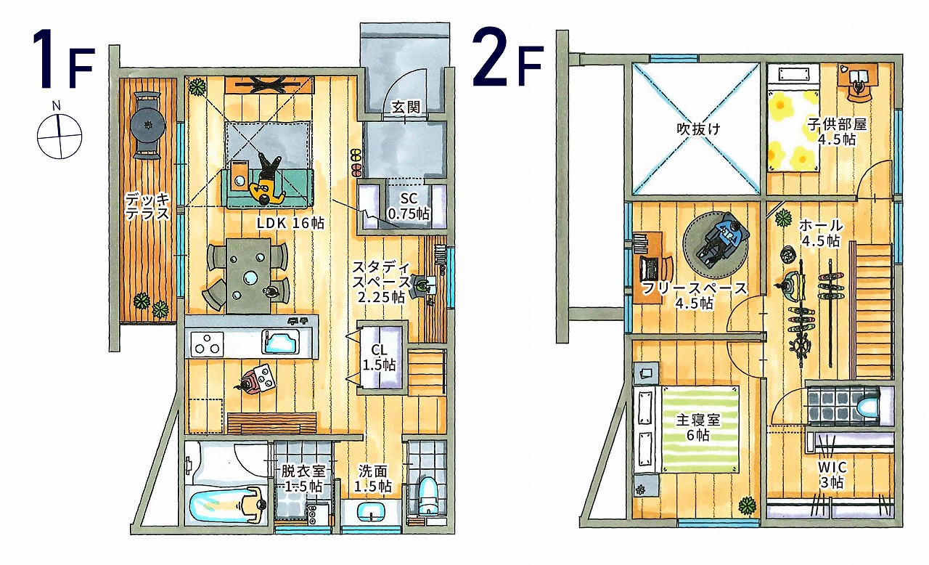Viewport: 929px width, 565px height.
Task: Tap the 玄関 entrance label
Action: (x=406, y=107)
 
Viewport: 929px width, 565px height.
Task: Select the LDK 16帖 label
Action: (x=290, y=223)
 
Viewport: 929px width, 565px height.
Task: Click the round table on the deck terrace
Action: (x=147, y=125)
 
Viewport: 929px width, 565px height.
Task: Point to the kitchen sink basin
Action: (x=280, y=343)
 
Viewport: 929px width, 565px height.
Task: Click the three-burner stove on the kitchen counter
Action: (x=207, y=344)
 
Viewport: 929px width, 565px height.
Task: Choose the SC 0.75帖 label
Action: (x=409, y=206)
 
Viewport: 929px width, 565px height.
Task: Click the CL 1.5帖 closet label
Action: (x=379, y=357)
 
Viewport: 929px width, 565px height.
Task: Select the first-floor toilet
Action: (x=427, y=496)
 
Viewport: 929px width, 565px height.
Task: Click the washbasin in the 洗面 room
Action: (x=371, y=511)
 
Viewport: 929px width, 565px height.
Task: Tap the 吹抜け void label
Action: (x=699, y=129)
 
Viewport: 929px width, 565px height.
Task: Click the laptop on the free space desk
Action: (x=650, y=269)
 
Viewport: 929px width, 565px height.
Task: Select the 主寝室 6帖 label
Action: (x=698, y=427)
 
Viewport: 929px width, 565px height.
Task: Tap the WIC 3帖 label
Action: (x=832, y=474)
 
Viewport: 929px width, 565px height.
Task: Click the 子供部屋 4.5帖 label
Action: (x=837, y=131)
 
